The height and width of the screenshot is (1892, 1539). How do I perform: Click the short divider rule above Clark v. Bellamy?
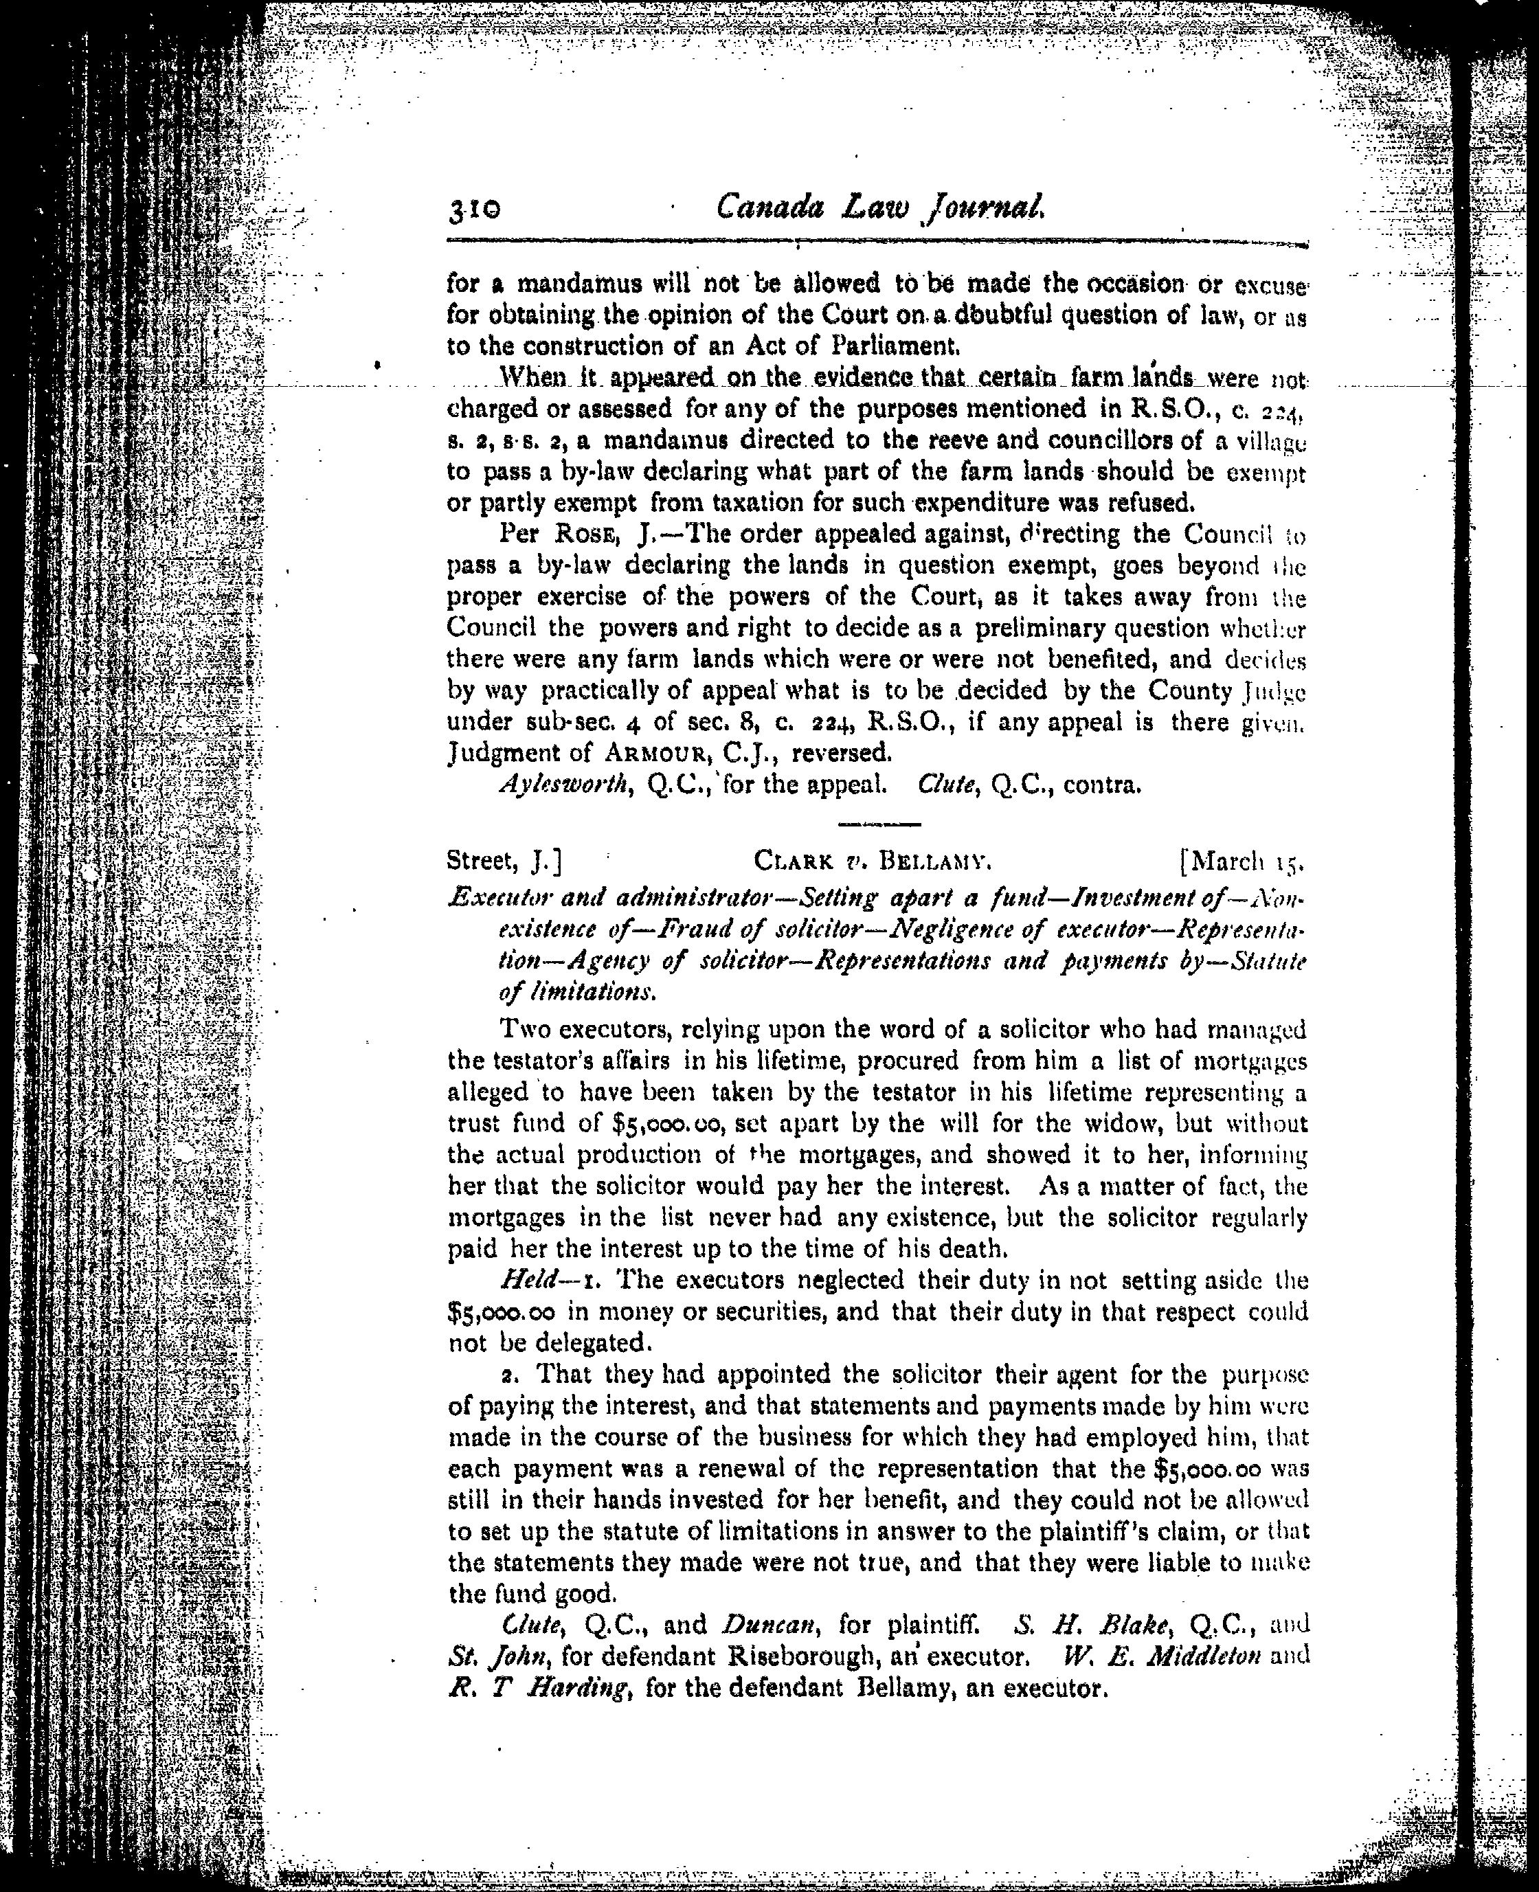867,824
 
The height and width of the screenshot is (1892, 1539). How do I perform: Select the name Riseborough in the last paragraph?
803,1656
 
